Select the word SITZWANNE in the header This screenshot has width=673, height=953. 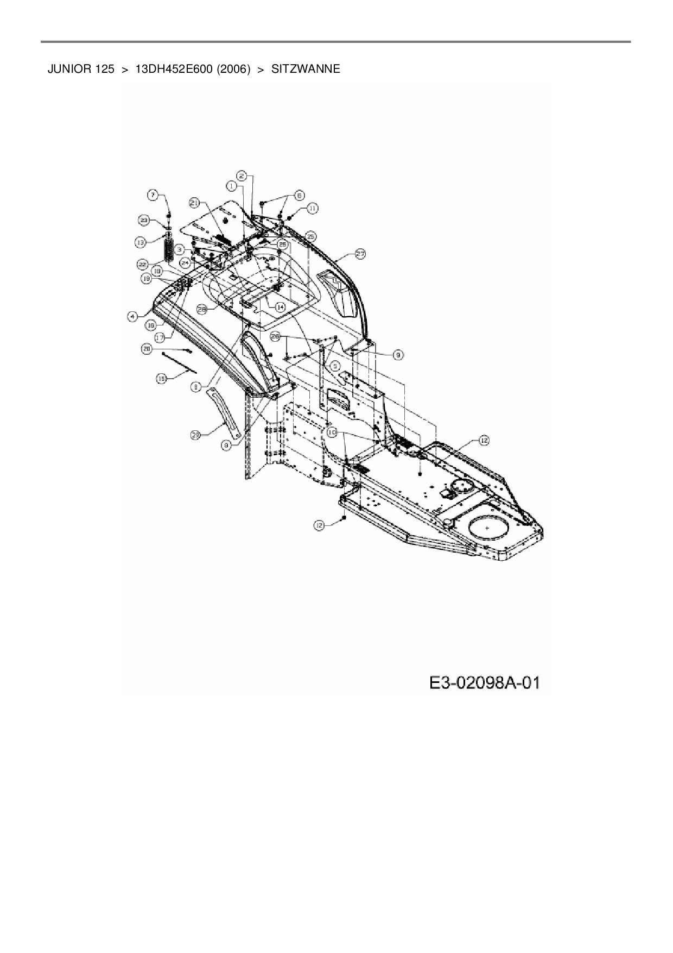tap(306, 70)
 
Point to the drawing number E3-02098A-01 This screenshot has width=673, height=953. tap(485, 683)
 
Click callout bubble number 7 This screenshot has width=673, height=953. tap(153, 194)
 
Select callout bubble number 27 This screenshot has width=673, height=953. tap(360, 253)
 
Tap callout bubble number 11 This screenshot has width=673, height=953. tap(313, 208)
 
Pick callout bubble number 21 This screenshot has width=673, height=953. tap(194, 203)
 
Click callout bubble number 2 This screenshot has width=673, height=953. tap(242, 175)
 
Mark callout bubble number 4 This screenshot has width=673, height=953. tap(132, 316)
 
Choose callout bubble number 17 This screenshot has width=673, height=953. tap(159, 337)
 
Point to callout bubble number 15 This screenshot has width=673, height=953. tap(161, 379)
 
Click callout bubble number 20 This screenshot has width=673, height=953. tap(147, 349)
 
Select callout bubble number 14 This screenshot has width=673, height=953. tap(280, 307)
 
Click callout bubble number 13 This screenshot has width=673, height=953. tap(141, 241)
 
